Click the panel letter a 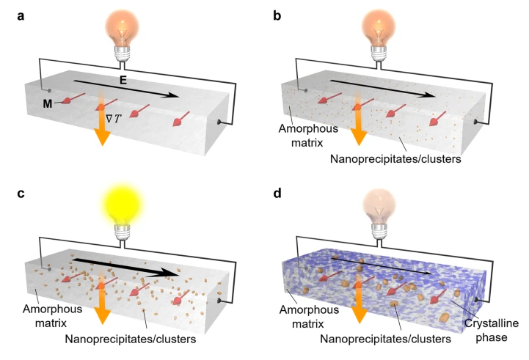(x=21, y=16)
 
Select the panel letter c (x=21, y=194)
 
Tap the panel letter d (x=277, y=193)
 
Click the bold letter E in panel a (x=123, y=80)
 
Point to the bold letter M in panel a (x=48, y=104)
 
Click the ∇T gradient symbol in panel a (x=113, y=119)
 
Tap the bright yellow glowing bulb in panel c (x=123, y=203)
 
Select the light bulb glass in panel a (x=122, y=28)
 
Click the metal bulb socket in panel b (x=379, y=54)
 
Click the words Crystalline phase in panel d (x=492, y=330)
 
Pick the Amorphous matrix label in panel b (x=308, y=136)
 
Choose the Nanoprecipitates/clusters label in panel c (x=131, y=339)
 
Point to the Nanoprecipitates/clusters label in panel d (x=386, y=339)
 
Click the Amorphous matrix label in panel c (x=52, y=316)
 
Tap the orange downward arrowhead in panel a (x=102, y=137)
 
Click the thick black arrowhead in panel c (x=169, y=273)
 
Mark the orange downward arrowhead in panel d (x=360, y=316)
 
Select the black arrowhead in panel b (x=428, y=95)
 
